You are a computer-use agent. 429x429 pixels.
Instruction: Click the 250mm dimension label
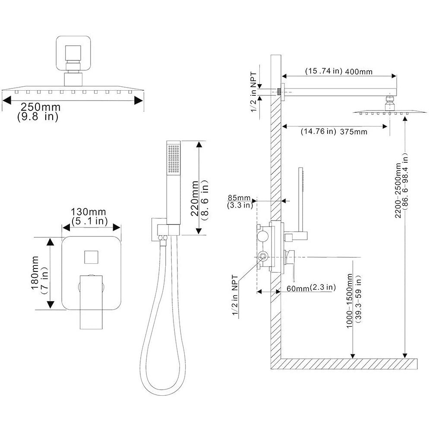(41, 107)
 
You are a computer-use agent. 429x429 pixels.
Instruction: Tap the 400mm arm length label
(359, 72)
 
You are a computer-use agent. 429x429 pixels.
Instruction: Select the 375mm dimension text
(353, 132)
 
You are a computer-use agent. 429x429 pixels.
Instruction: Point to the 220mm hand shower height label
(195, 199)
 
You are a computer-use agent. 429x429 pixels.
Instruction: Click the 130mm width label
(88, 212)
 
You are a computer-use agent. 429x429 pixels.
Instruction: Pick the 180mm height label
(35, 273)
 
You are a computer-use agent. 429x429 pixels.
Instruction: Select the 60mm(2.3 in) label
(311, 287)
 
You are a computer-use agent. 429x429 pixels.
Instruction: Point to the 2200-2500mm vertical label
(398, 190)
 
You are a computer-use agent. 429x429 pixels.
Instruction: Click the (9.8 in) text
(38, 117)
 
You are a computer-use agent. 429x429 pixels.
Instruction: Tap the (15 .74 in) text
(324, 71)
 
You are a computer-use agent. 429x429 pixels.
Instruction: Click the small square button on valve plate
(91, 257)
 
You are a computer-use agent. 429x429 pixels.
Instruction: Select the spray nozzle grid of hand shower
(174, 159)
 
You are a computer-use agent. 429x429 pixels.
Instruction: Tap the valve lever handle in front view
(91, 302)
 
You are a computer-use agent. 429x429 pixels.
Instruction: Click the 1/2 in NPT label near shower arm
(254, 92)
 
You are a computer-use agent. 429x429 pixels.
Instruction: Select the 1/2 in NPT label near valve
(235, 295)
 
